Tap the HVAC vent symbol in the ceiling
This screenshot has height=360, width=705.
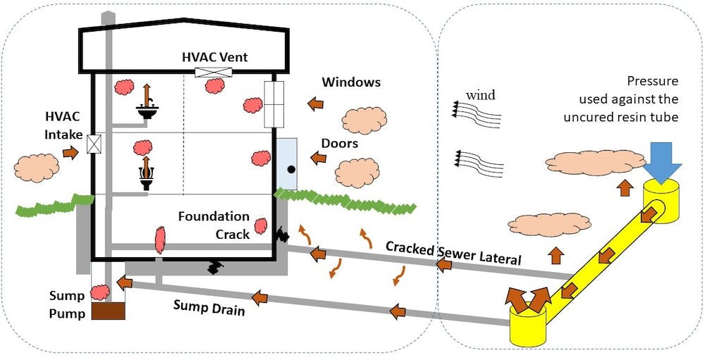(x=210, y=73)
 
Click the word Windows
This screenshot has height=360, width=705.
(x=351, y=82)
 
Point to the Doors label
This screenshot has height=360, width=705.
(x=340, y=143)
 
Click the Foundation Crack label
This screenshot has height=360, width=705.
(x=214, y=225)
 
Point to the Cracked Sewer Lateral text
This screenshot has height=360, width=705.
(x=453, y=253)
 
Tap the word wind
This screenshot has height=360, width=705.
(x=481, y=95)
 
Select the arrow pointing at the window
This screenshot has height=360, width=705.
(x=316, y=104)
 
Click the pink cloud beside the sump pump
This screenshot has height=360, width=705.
(x=99, y=291)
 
